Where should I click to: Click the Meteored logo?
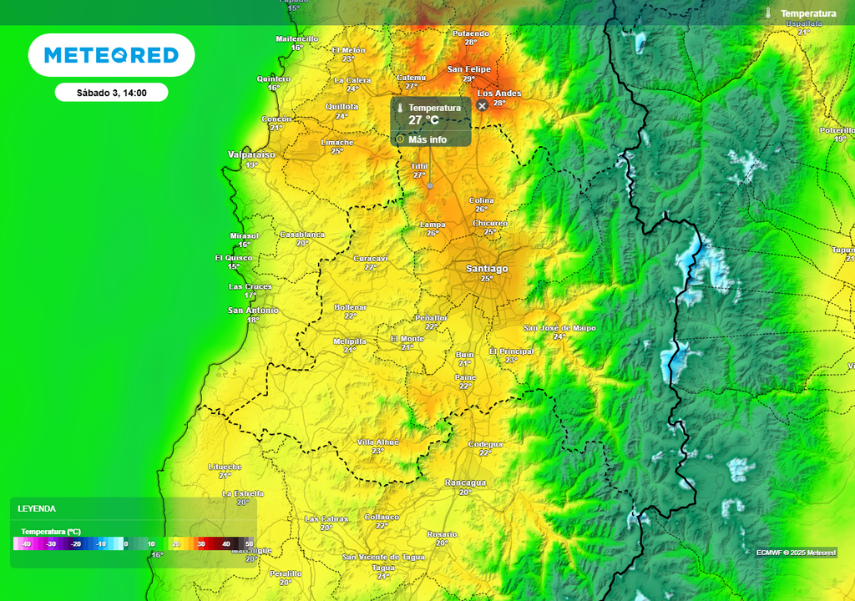(x=111, y=55)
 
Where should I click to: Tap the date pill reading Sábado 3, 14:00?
(x=111, y=93)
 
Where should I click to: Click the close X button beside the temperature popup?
(x=482, y=106)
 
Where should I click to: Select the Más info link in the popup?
(x=427, y=139)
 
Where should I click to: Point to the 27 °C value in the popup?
(x=423, y=120)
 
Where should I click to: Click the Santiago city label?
(x=487, y=269)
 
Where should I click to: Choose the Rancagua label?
(x=465, y=483)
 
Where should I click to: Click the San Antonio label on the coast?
(x=253, y=311)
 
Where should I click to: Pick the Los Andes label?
(x=498, y=93)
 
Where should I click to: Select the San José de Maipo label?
(x=559, y=328)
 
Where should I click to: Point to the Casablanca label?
(x=302, y=235)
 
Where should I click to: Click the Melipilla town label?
(x=350, y=341)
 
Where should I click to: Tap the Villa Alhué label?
(x=377, y=442)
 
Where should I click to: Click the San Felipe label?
(x=468, y=69)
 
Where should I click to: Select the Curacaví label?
(x=371, y=259)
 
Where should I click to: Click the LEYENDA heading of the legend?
(x=37, y=508)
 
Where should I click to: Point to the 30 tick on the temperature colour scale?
(x=200, y=544)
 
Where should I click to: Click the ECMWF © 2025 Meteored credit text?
(x=796, y=553)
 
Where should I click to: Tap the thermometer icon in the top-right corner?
(x=768, y=13)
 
